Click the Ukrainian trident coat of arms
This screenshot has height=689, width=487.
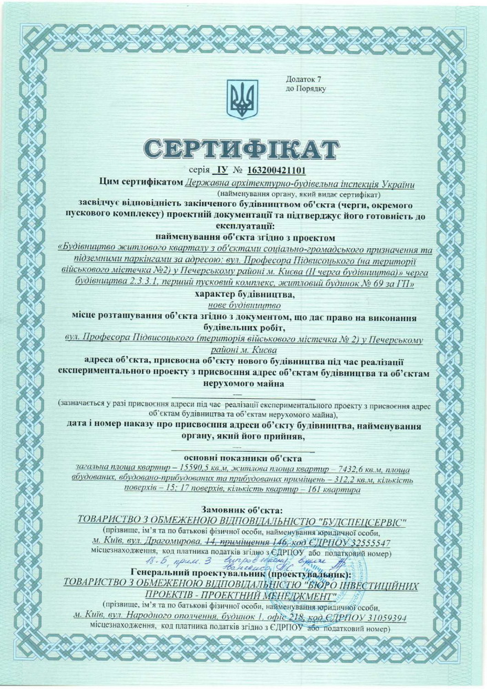pos(242,99)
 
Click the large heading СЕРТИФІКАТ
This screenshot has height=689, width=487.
pos(242,147)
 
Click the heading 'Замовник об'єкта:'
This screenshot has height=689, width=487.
pos(243,508)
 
